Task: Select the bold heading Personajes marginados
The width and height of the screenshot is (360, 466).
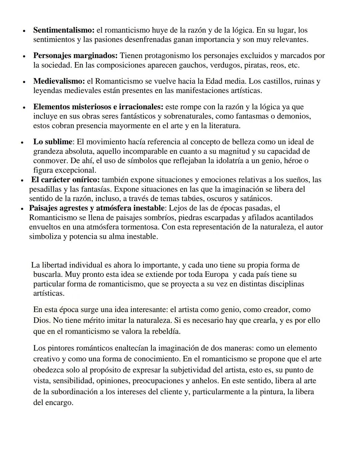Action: pos(75,56)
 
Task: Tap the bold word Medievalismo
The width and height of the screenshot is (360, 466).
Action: pos(59,81)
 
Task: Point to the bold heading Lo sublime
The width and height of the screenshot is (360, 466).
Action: pos(53,142)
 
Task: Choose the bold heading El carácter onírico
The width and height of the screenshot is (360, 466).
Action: pos(65,180)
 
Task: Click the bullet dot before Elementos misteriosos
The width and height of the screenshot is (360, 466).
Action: pos(24,108)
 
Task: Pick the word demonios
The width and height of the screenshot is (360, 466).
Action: pos(295,116)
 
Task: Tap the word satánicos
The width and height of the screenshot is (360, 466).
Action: pos(256,199)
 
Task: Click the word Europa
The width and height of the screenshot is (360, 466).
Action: pos(217,275)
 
